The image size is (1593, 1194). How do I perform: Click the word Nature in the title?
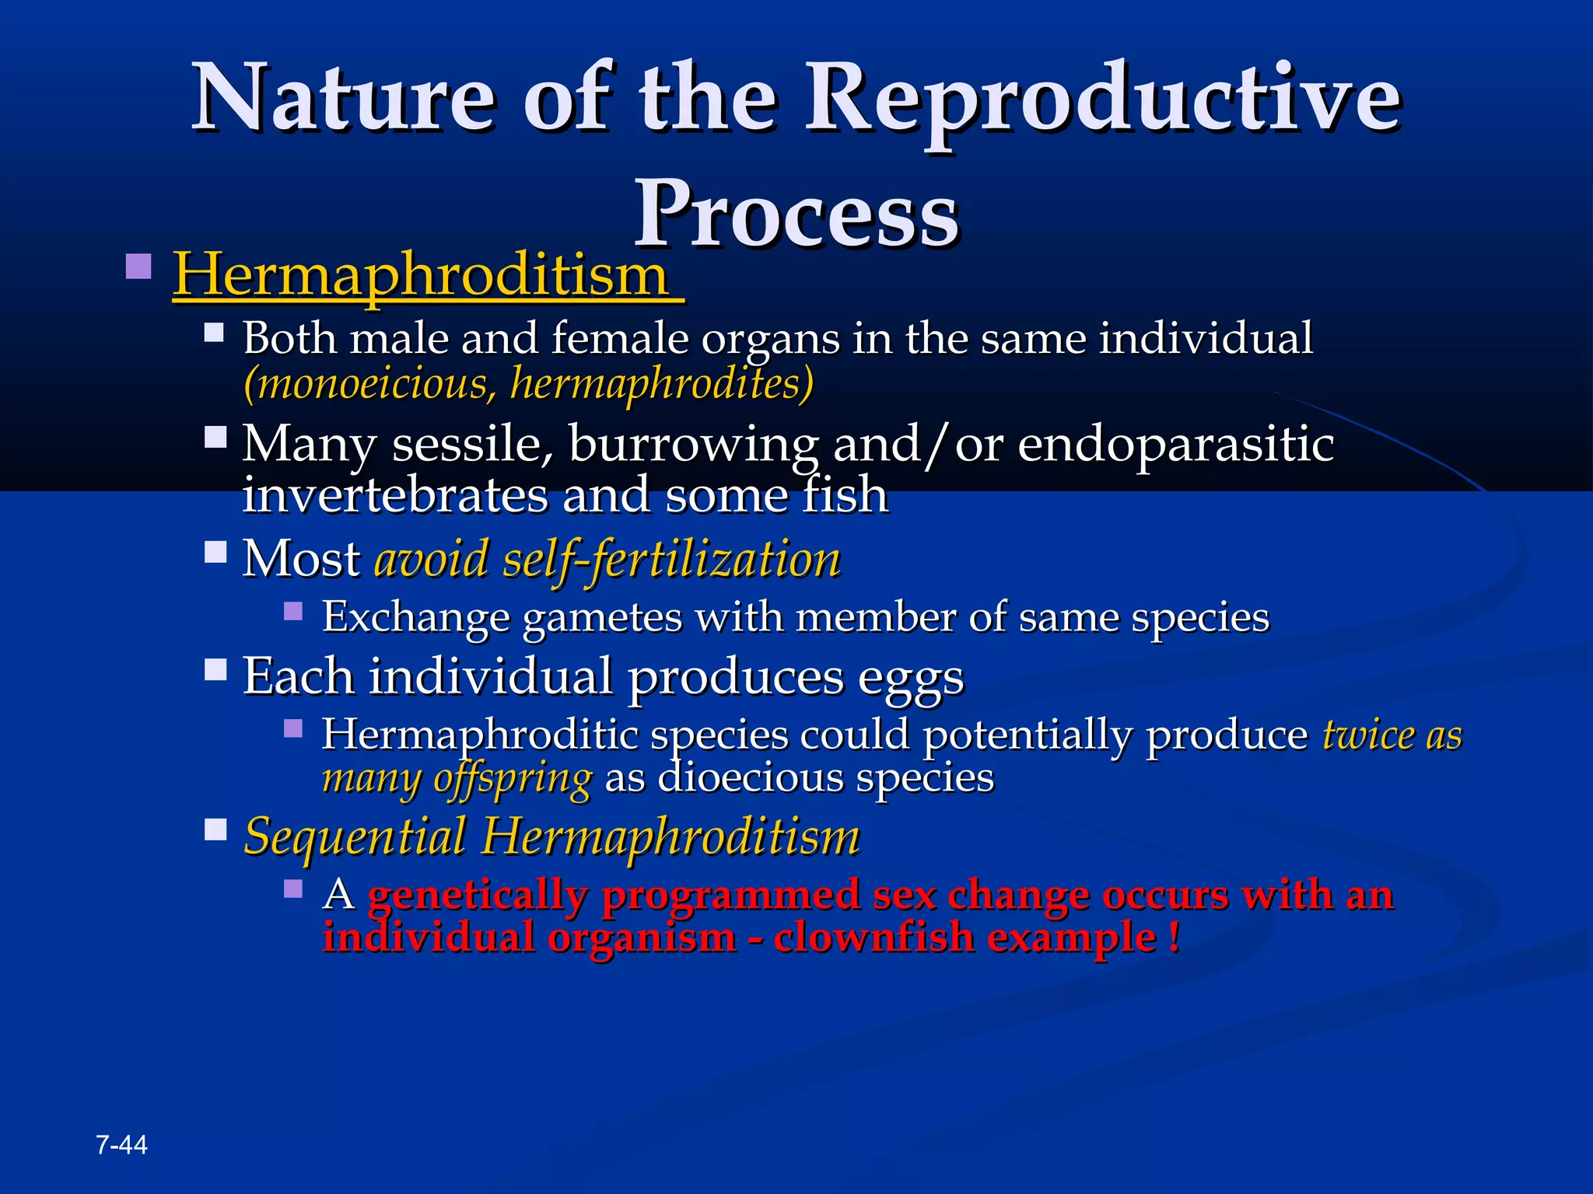342,99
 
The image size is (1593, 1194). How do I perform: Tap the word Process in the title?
796,214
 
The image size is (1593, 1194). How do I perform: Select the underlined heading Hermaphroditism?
421,276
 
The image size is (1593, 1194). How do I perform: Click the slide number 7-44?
121,1144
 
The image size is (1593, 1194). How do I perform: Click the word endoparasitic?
1175,445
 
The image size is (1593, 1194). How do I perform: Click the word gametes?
602,618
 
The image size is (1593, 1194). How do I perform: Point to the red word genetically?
477,895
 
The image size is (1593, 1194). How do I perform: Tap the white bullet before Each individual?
215,669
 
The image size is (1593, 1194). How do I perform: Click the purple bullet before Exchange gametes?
293,611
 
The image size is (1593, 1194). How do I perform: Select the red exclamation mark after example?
1173,936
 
